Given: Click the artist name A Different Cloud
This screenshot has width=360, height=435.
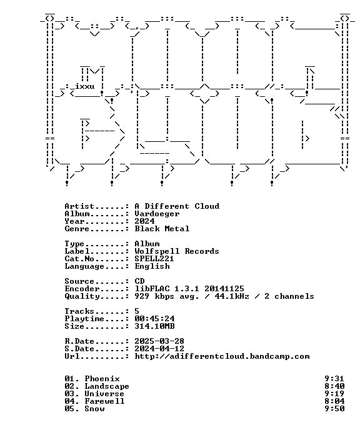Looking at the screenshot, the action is tap(177, 206).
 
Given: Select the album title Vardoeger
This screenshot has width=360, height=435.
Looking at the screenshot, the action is tap(157, 214).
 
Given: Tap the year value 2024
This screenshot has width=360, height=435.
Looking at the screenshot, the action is tap(144, 221).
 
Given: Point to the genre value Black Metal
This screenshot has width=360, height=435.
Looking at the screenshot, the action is tap(162, 229).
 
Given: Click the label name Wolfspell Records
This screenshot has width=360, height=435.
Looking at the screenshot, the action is tap(177, 251).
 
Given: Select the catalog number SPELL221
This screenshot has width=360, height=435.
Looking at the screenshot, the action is tap(154, 259).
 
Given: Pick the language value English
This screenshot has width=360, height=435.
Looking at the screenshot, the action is tap(152, 266).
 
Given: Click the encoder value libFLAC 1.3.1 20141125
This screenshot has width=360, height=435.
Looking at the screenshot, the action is tap(189, 289).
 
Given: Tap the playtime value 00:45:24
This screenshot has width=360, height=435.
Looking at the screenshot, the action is tap(154, 319).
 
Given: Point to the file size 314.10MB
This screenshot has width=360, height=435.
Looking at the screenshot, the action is tap(154, 326).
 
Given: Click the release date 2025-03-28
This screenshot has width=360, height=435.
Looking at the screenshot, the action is tap(159, 341).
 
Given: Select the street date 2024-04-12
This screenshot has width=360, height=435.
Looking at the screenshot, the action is tap(159, 349).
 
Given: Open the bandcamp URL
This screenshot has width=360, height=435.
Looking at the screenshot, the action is tap(222, 356).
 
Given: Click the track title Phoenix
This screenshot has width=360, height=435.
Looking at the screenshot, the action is tap(102, 379).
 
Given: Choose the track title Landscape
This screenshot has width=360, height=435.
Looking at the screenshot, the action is tap(107, 386).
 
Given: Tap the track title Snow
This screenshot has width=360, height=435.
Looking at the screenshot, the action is tap(94, 409).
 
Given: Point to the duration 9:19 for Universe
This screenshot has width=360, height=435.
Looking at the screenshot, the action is tap(334, 394).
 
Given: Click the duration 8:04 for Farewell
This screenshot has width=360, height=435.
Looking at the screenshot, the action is tap(334, 401).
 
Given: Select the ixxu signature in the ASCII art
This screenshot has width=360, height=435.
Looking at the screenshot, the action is tap(85, 86).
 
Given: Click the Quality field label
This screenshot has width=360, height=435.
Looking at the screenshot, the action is tap(82, 296).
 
